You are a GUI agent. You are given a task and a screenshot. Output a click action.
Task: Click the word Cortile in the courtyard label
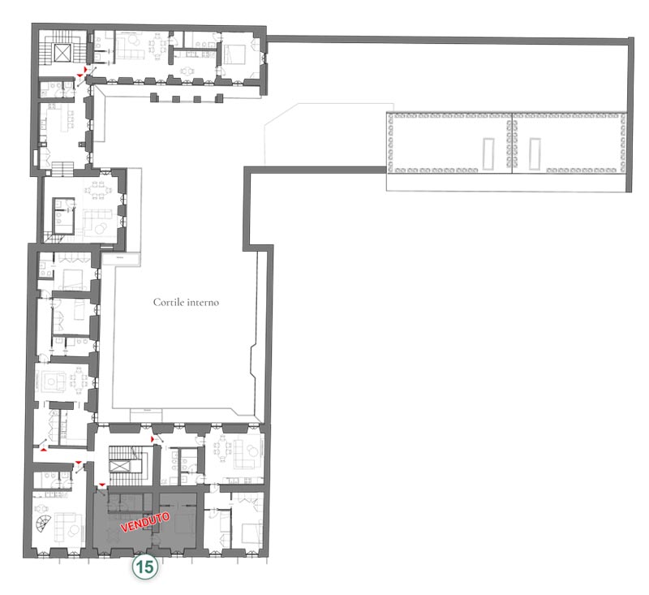point(169,302)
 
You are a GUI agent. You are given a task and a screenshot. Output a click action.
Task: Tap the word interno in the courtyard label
point(203,302)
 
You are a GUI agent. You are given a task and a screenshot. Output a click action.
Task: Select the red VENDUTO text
point(145,522)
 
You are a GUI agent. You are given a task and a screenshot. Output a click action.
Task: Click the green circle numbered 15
point(145,567)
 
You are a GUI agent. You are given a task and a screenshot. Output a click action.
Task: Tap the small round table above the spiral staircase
point(41,509)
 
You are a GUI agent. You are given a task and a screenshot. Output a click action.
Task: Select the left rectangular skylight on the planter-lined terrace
point(488,153)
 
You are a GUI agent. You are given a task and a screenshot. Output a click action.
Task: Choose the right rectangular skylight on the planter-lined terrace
point(535,153)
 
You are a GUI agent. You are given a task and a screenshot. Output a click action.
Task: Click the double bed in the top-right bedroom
point(234,54)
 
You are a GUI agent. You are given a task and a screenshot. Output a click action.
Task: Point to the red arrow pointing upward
point(43,448)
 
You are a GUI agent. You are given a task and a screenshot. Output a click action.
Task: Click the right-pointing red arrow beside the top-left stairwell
point(86,68)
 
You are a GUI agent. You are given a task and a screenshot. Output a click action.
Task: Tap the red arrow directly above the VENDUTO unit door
point(102,485)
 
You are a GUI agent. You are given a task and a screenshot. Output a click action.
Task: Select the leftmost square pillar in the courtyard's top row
point(154,97)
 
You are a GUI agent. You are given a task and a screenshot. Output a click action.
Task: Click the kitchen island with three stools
point(63,119)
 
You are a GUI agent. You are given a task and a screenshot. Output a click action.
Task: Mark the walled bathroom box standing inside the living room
point(63,216)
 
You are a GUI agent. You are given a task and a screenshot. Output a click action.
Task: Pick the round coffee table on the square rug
point(52,382)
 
